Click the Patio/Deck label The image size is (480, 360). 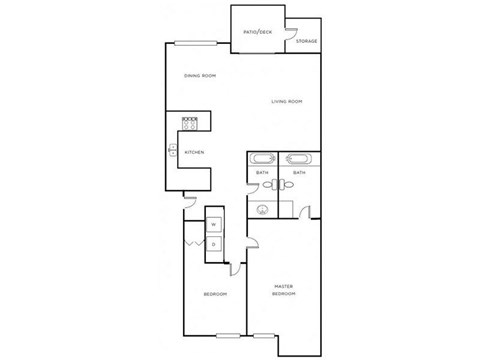(257, 33)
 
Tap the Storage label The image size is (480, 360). (306, 41)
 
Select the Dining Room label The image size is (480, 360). (200, 76)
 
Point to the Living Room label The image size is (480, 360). (287, 101)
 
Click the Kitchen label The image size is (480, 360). (195, 152)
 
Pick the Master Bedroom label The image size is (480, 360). (284, 290)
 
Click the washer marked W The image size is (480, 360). (214, 225)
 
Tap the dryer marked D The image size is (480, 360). (214, 245)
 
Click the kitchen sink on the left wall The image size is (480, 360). (173, 152)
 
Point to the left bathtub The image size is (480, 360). (262, 160)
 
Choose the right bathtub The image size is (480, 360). (298, 160)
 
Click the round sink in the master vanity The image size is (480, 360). (263, 209)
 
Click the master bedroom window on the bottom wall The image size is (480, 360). (264, 334)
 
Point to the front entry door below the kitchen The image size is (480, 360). (188, 203)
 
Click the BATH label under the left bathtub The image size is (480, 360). (262, 173)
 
